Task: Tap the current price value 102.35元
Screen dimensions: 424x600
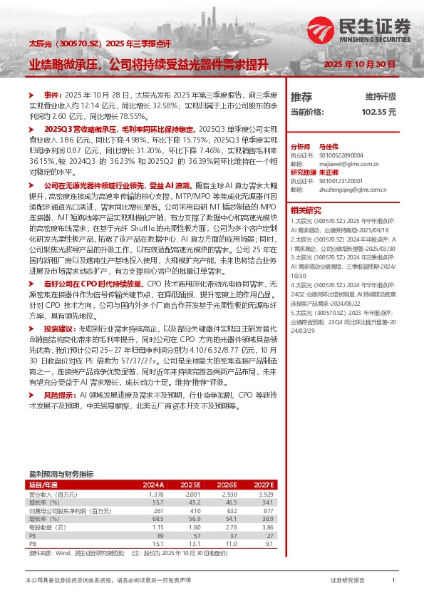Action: (x=378, y=112)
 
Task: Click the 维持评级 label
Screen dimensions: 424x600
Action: (x=381, y=96)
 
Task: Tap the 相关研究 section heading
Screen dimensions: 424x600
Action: (x=306, y=210)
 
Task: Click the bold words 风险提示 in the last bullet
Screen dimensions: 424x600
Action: (x=61, y=394)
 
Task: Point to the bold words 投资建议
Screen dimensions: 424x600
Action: (x=61, y=329)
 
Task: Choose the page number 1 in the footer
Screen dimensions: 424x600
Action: (x=393, y=581)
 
